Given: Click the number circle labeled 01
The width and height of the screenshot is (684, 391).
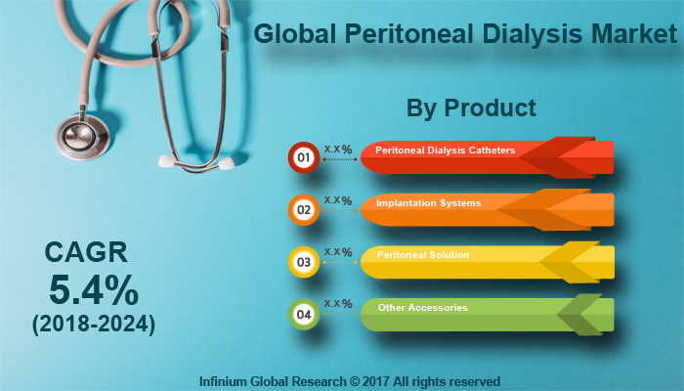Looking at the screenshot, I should pyautogui.click(x=303, y=156).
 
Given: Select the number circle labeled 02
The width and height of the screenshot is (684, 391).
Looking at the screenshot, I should pyautogui.click(x=303, y=209).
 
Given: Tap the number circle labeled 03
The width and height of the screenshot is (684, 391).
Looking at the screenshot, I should pyautogui.click(x=303, y=262).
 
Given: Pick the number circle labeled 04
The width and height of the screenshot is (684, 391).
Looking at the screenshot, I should pyautogui.click(x=303, y=315).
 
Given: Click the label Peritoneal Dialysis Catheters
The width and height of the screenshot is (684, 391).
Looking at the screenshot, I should pyautogui.click(x=446, y=151).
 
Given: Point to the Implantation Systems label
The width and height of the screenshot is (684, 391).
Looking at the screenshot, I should pyautogui.click(x=428, y=203).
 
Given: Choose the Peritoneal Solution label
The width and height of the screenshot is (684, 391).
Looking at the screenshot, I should pyautogui.click(x=423, y=255).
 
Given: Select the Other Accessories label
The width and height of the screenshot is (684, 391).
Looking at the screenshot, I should pyautogui.click(x=422, y=308).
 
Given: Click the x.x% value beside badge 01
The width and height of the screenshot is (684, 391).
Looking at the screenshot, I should pyautogui.click(x=338, y=147).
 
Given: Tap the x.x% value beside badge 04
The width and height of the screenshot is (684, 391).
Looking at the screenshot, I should pyautogui.click(x=338, y=304).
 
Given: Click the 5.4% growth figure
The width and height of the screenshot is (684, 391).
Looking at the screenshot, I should pyautogui.click(x=95, y=291).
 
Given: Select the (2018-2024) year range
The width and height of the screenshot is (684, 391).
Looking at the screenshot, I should pyautogui.click(x=94, y=322).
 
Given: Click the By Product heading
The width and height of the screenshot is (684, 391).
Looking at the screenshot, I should pyautogui.click(x=471, y=108).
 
